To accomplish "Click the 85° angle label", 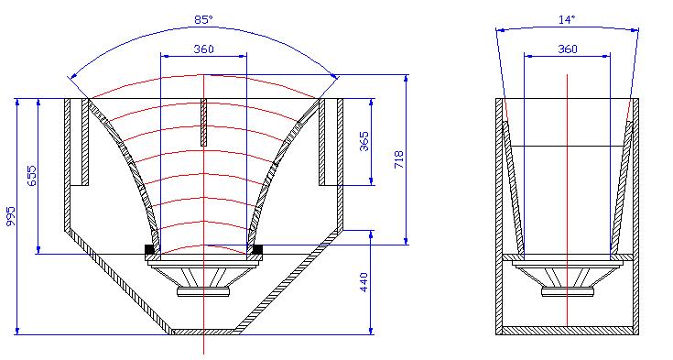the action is tap(203, 20).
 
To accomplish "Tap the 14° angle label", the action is tap(567, 20).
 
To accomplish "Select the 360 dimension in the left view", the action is tap(203, 49).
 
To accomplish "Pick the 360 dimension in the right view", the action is tap(568, 49).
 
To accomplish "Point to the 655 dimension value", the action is tap(32, 176).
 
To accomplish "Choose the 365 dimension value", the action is tap(364, 141).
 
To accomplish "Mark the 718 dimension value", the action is tap(398, 159).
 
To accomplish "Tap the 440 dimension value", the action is tap(364, 282).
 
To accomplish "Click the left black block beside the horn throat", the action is tap(149, 249).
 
